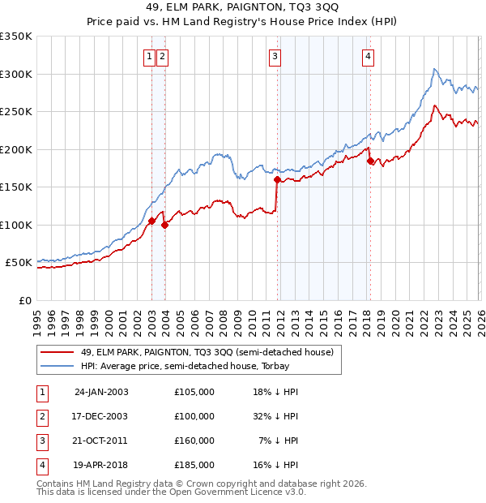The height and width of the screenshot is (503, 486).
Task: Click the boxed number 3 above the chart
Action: point(275,56)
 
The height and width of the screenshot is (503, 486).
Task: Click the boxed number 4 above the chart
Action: point(368,56)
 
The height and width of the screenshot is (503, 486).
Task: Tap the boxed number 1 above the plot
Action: point(151,56)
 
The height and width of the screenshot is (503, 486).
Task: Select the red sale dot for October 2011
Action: point(277,179)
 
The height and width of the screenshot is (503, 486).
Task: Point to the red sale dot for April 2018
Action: point(370,161)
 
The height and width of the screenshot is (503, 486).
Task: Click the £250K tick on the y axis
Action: point(16,112)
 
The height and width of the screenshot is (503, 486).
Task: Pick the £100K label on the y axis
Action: point(16,225)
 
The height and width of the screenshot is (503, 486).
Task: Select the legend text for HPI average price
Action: point(202,366)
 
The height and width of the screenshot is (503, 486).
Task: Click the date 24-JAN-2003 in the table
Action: point(100,392)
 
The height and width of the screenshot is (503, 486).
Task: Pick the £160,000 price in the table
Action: point(194,441)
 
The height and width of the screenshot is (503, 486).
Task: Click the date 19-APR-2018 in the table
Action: point(100,465)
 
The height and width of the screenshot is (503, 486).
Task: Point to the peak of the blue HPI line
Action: point(435,69)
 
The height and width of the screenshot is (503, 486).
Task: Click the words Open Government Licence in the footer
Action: point(219,492)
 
